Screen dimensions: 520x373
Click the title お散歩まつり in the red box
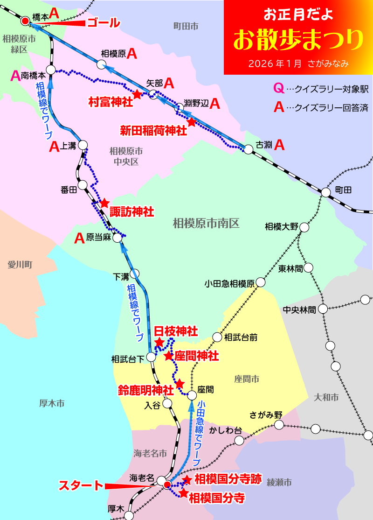click(x=298, y=40)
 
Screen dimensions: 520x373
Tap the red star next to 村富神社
click(x=137, y=94)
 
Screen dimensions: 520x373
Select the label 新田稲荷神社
click(x=153, y=130)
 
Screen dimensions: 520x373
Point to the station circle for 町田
click(x=326, y=191)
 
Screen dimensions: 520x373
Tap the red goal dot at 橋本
click(x=25, y=21)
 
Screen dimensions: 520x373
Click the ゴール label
click(x=104, y=23)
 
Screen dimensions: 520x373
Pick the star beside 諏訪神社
click(x=104, y=203)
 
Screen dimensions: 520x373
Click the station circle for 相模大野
click(x=304, y=227)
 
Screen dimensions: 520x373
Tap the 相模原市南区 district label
click(x=206, y=223)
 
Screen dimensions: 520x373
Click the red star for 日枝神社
click(x=159, y=343)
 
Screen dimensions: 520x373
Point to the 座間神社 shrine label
click(x=197, y=356)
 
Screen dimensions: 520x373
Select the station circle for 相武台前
click(x=217, y=337)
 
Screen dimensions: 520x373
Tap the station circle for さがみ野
click(x=279, y=424)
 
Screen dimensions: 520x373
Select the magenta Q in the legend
click(x=278, y=88)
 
